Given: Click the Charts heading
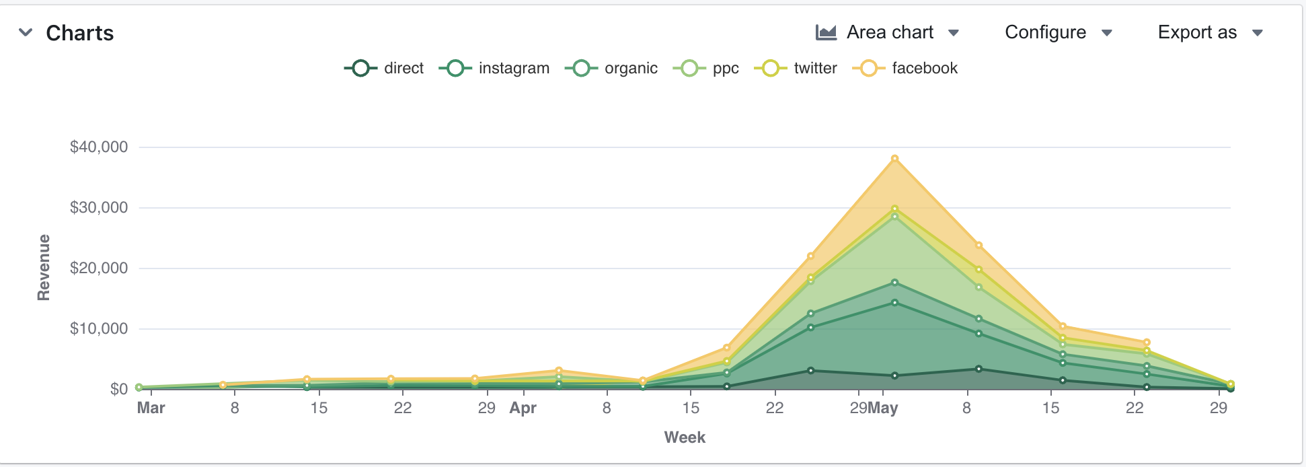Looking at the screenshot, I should click(79, 33).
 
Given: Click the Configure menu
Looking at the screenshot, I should click(1058, 32).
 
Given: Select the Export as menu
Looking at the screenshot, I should click(1209, 32).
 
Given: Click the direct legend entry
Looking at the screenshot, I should click(385, 68).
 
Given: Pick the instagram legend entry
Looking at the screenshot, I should click(494, 68).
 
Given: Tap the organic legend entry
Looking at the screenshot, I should click(611, 68).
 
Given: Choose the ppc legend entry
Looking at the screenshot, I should click(706, 68).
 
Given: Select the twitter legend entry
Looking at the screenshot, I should click(796, 68).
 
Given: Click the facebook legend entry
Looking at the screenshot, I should click(905, 68).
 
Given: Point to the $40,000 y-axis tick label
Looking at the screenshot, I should click(99, 147).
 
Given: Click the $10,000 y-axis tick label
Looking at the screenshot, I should click(99, 328).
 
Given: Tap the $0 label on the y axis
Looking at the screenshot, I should click(118, 389).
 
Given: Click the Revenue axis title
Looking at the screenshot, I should click(44, 267).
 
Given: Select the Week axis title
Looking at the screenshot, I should click(685, 437).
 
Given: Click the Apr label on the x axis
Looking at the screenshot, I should click(523, 408).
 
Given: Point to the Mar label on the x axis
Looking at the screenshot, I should click(151, 408).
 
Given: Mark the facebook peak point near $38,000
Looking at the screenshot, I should click(894, 159).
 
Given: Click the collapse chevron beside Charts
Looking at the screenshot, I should click(26, 32).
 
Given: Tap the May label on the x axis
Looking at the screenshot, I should click(883, 408).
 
